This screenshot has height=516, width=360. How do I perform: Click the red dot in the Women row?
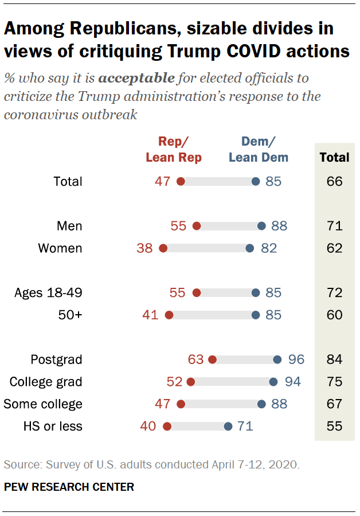click(x=163, y=248)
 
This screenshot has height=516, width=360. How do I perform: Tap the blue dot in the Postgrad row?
click(x=277, y=359)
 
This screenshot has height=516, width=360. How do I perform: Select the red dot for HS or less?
click(x=167, y=426)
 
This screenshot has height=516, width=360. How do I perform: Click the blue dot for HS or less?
click(x=228, y=426)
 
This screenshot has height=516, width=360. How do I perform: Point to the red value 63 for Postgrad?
click(x=195, y=359)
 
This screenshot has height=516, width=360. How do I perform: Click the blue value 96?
click(x=296, y=359)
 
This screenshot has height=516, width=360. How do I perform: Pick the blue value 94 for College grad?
click(x=292, y=382)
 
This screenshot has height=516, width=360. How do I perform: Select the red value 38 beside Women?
click(x=144, y=248)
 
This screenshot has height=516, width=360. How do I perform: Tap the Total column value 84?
click(x=334, y=359)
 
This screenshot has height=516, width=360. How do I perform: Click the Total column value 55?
click(x=334, y=426)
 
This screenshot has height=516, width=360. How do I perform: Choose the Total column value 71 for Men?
click(x=334, y=226)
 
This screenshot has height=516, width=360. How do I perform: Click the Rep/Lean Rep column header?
click(x=174, y=150)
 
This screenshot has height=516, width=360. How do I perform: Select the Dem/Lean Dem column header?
click(x=259, y=150)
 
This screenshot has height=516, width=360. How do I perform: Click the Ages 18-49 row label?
click(x=48, y=293)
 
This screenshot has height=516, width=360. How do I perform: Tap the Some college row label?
click(x=43, y=404)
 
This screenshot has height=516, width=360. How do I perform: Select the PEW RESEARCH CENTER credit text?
click(x=69, y=487)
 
